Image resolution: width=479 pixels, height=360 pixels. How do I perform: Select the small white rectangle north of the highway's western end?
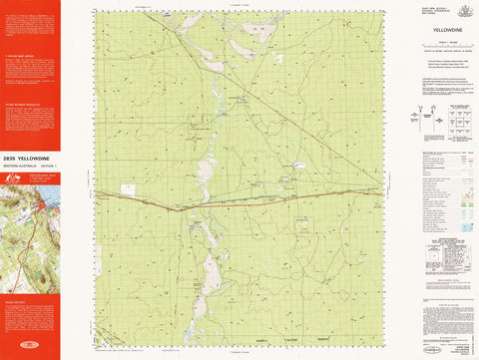[129, 188]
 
